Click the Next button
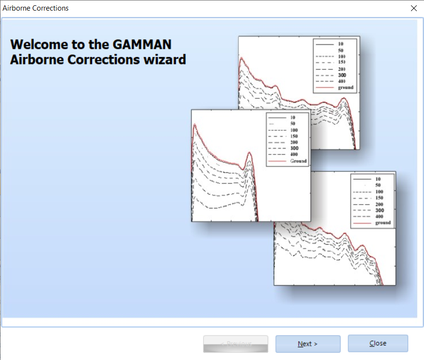click(308, 344)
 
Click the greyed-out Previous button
click(235, 344)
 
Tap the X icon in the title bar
click(413, 8)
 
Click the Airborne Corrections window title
click(36, 8)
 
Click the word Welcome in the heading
click(37, 44)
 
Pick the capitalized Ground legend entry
click(298, 161)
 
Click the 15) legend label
click(342, 62)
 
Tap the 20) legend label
click(342, 69)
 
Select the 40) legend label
click(342, 81)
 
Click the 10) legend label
click(342, 56)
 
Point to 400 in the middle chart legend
click(294, 154)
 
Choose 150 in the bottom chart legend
click(379, 198)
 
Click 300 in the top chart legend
click(342, 75)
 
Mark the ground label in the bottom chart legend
click(383, 223)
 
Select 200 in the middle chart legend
click(294, 142)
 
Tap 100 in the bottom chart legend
click(379, 192)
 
